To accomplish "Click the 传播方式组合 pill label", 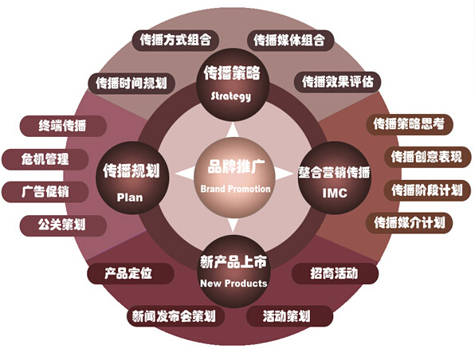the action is (175, 41).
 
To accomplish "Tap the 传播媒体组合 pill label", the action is (290, 41).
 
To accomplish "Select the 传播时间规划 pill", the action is (132, 84).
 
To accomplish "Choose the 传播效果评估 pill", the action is (337, 82).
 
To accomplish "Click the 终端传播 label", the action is (63, 126).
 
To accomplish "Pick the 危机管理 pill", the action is (45, 159).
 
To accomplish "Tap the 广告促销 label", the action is (45, 192).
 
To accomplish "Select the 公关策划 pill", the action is (63, 225).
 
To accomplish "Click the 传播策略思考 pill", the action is (410, 123).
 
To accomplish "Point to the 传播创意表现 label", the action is (427, 157).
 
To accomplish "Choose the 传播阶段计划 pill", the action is (427, 190).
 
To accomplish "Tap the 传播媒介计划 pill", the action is (410, 223).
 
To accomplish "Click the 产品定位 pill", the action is (130, 273).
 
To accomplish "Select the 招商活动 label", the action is (335, 273).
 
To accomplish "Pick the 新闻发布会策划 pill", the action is (175, 316).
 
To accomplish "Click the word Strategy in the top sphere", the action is (231, 96).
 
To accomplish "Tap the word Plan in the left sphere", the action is (130, 198).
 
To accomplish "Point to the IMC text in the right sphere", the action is (335, 193).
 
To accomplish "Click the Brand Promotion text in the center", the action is (235, 189).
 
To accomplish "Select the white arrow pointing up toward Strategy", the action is (234, 130).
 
